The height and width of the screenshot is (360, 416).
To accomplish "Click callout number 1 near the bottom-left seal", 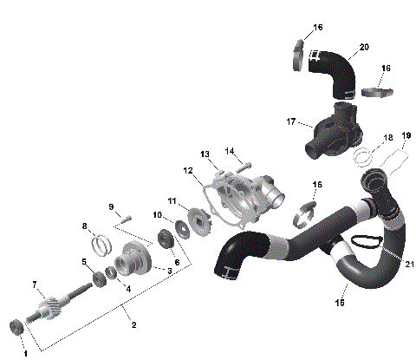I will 26,352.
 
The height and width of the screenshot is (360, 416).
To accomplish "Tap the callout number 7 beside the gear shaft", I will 35,285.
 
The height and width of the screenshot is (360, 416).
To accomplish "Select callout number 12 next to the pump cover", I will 187,171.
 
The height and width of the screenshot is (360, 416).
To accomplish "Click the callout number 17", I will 292,121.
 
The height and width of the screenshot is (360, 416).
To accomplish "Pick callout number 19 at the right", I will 406,135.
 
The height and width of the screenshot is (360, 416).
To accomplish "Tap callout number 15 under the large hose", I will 340,302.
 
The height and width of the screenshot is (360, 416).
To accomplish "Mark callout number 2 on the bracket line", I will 133,325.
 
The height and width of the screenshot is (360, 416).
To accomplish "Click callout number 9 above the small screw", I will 111,206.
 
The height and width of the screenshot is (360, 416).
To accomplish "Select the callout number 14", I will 230,151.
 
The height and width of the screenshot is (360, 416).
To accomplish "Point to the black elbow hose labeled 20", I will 333,71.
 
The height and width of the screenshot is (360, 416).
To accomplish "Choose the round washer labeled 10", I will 183,228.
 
